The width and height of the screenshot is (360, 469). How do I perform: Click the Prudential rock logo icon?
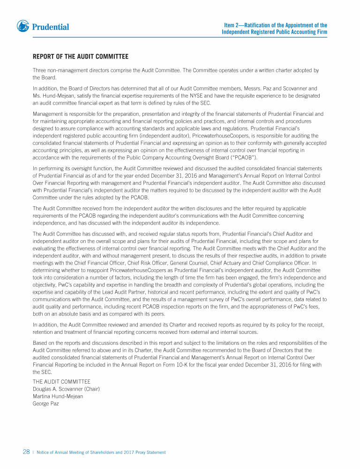coord(22,26)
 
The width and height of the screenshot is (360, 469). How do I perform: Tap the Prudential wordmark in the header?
coord(50,27)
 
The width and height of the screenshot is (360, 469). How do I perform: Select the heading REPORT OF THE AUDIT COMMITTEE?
coord(80,57)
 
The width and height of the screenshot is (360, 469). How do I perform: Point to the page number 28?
coord(26,452)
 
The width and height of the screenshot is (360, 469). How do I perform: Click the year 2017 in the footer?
coord(131,453)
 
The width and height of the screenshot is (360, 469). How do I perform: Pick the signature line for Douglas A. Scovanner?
coord(66,389)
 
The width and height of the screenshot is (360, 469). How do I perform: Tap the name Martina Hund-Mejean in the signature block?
coord(58,396)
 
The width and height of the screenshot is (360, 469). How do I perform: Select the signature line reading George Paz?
coord(45,403)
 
